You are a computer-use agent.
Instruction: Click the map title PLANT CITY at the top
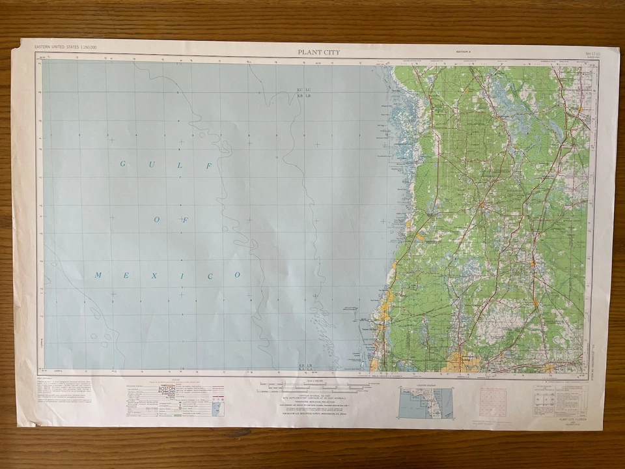click(319, 52)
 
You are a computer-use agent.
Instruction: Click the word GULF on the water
click(165, 166)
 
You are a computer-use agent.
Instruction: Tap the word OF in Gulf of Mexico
click(171, 220)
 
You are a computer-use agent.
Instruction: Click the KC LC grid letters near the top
click(304, 89)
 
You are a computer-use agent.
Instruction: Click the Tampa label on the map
click(467, 357)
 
